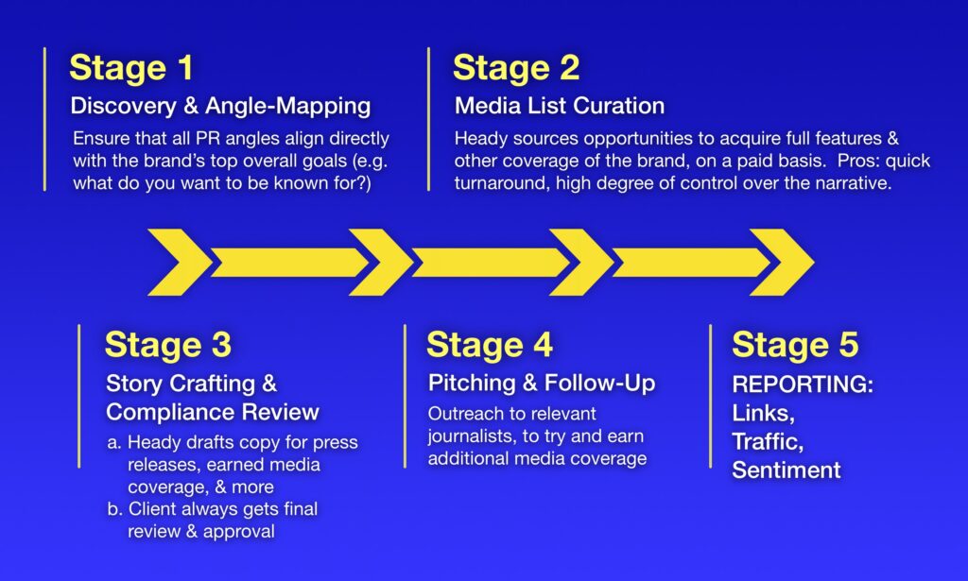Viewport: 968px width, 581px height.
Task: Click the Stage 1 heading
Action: pyautogui.click(x=131, y=68)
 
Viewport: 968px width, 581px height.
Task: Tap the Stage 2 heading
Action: pyautogui.click(x=516, y=68)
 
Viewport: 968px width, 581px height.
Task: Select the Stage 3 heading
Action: pyautogui.click(x=168, y=344)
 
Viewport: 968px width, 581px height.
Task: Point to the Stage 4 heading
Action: pyautogui.click(x=490, y=344)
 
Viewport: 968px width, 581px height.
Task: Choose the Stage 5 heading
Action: pyautogui.click(x=795, y=344)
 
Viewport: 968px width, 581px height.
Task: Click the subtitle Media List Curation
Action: pyautogui.click(x=560, y=106)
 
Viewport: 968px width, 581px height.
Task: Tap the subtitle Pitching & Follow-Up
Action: pyautogui.click(x=542, y=383)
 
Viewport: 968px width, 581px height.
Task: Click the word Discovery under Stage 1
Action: pyautogui.click(x=124, y=106)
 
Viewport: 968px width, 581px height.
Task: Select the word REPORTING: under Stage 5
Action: pyautogui.click(x=803, y=384)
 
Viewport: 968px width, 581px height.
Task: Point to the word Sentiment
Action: pyautogui.click(x=786, y=470)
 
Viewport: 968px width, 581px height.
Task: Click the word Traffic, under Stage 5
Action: pyautogui.click(x=768, y=442)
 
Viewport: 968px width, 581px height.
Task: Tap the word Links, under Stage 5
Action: pyautogui.click(x=763, y=413)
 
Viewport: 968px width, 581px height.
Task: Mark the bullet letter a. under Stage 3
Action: pyautogui.click(x=113, y=443)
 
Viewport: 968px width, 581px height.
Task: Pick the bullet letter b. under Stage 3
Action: pyautogui.click(x=114, y=509)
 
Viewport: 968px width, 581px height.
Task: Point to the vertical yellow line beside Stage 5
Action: pyautogui.click(x=711, y=396)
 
